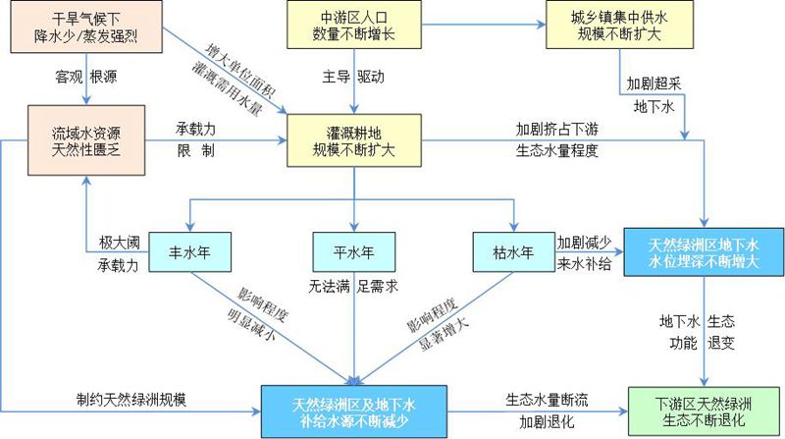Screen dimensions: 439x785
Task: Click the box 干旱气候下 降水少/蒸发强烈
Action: (x=88, y=27)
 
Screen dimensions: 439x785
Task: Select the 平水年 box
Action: (x=352, y=252)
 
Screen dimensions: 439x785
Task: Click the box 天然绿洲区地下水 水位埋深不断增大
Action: (x=705, y=251)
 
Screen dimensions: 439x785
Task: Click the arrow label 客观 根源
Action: (x=87, y=77)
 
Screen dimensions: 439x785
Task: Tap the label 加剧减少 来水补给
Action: (x=586, y=253)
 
